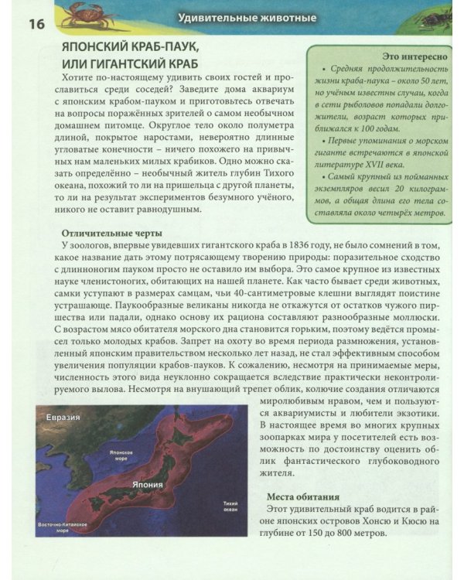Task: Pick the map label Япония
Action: (147, 485)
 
